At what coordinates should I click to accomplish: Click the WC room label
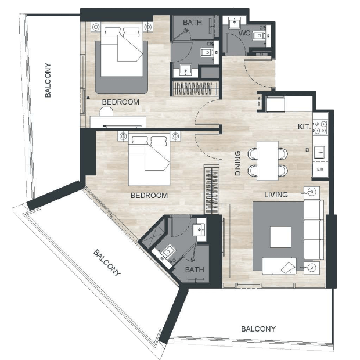tap(244, 33)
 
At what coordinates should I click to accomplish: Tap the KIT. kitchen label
tap(304, 127)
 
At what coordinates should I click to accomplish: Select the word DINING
tap(238, 163)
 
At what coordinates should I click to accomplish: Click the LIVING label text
tap(276, 195)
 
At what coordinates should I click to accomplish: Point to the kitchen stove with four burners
tap(321, 127)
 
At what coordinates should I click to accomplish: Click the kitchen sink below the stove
tap(319, 152)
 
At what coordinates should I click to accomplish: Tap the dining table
tap(268, 160)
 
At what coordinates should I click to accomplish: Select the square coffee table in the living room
tap(280, 237)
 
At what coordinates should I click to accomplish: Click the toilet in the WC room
tap(258, 36)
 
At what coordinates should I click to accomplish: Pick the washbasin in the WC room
tap(235, 23)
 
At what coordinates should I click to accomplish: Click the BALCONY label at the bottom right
tap(258, 329)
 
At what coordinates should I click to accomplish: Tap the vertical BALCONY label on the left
tap(48, 80)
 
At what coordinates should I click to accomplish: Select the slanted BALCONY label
tap(107, 263)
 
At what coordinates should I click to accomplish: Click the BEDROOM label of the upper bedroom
tap(121, 102)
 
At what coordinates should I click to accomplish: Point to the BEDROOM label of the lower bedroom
tap(149, 195)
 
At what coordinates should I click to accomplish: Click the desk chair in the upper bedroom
tap(106, 111)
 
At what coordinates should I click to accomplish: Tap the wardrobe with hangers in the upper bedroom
tap(195, 88)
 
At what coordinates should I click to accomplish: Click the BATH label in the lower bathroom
tap(195, 269)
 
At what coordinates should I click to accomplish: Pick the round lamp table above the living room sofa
tap(312, 192)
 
